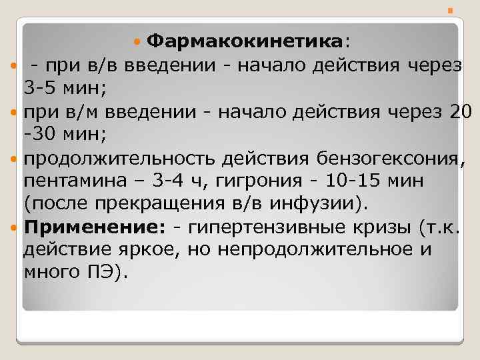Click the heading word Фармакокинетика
click(245, 42)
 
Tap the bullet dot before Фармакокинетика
click(137, 42)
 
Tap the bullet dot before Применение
click(15, 227)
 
